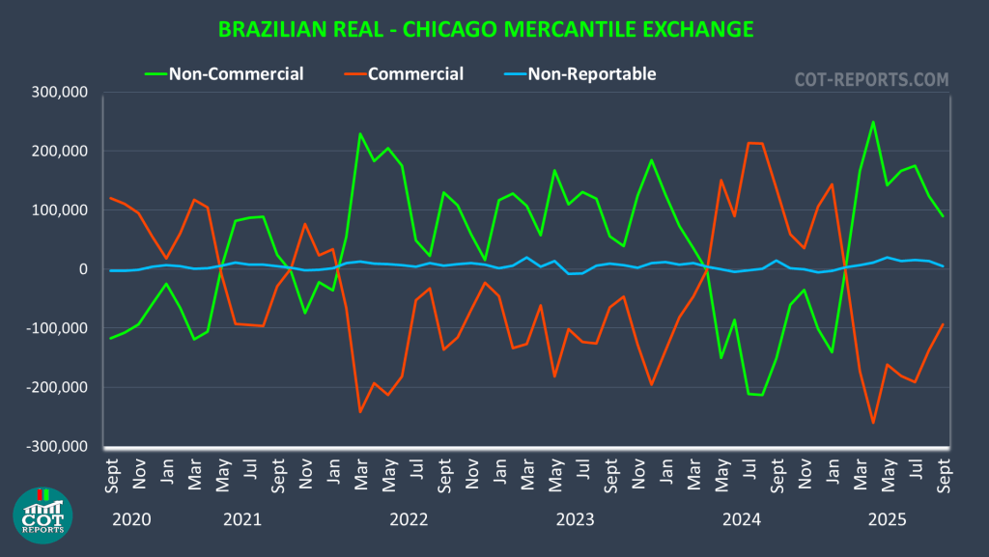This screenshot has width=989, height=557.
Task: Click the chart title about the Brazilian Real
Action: (486, 29)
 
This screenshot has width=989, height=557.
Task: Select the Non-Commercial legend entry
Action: (236, 73)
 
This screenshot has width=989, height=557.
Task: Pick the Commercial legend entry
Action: (415, 73)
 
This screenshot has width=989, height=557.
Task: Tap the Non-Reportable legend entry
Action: (592, 73)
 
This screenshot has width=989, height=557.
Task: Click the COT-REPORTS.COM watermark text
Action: (871, 80)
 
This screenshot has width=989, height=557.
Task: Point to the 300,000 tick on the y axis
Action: (61, 93)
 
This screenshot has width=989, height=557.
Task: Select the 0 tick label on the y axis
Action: (83, 269)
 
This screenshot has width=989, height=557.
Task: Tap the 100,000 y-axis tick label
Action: (61, 210)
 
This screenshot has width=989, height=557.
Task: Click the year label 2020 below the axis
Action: (132, 520)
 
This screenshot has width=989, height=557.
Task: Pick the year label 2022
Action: (409, 520)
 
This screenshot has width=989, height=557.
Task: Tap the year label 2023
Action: (575, 520)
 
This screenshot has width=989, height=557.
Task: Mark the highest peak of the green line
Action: (873, 122)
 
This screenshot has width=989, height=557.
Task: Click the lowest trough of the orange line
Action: (873, 423)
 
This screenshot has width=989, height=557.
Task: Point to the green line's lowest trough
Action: (762, 395)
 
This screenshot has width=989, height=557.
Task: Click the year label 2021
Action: (242, 520)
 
